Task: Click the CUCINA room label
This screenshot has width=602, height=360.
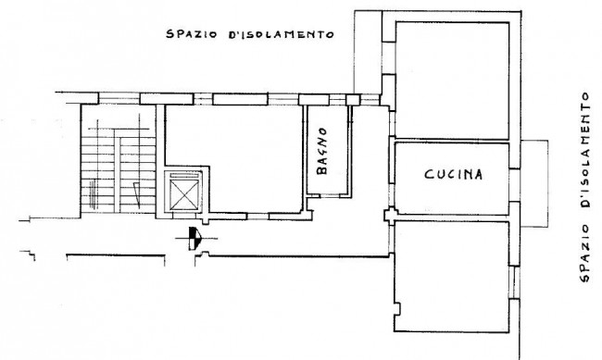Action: [x=454, y=174]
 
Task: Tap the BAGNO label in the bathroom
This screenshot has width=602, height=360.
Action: [x=322, y=151]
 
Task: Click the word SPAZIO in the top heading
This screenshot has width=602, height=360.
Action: [x=192, y=33]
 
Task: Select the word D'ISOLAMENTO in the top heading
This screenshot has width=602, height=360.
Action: [x=282, y=34]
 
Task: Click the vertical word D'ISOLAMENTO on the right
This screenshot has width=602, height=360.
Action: [x=584, y=150]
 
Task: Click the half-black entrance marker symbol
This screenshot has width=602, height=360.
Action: [x=194, y=239]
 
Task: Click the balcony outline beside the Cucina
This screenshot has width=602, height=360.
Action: [x=548, y=183]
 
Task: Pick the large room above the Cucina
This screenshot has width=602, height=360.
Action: [x=452, y=81]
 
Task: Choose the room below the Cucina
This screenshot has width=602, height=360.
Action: [x=452, y=277]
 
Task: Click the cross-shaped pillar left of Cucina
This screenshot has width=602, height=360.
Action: [x=391, y=216]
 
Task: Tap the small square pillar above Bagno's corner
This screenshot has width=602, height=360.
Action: [x=353, y=100]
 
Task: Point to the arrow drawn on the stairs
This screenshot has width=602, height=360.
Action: [x=137, y=195]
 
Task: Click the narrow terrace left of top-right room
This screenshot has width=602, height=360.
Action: [x=368, y=52]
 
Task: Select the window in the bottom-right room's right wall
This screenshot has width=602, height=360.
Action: [x=514, y=282]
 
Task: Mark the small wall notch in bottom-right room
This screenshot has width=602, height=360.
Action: [x=397, y=308]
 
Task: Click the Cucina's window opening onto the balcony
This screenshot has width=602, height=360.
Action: [x=514, y=185]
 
